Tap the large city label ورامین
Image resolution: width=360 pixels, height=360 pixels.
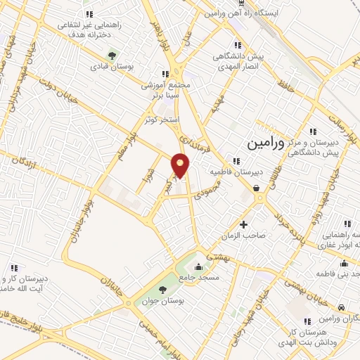pyautogui.click(x=266, y=144)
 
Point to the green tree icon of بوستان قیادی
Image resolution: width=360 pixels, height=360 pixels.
pyautogui.click(x=111, y=56)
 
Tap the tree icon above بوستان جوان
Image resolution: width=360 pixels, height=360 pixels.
pyautogui.click(x=163, y=289)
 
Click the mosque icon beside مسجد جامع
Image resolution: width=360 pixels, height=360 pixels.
pyautogui.click(x=198, y=267)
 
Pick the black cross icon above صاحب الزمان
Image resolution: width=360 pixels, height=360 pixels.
pyautogui.click(x=244, y=225)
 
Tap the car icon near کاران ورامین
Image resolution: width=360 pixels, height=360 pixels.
pyautogui.click(x=341, y=307)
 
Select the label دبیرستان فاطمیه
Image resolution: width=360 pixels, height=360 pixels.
pyautogui.click(x=236, y=172)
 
